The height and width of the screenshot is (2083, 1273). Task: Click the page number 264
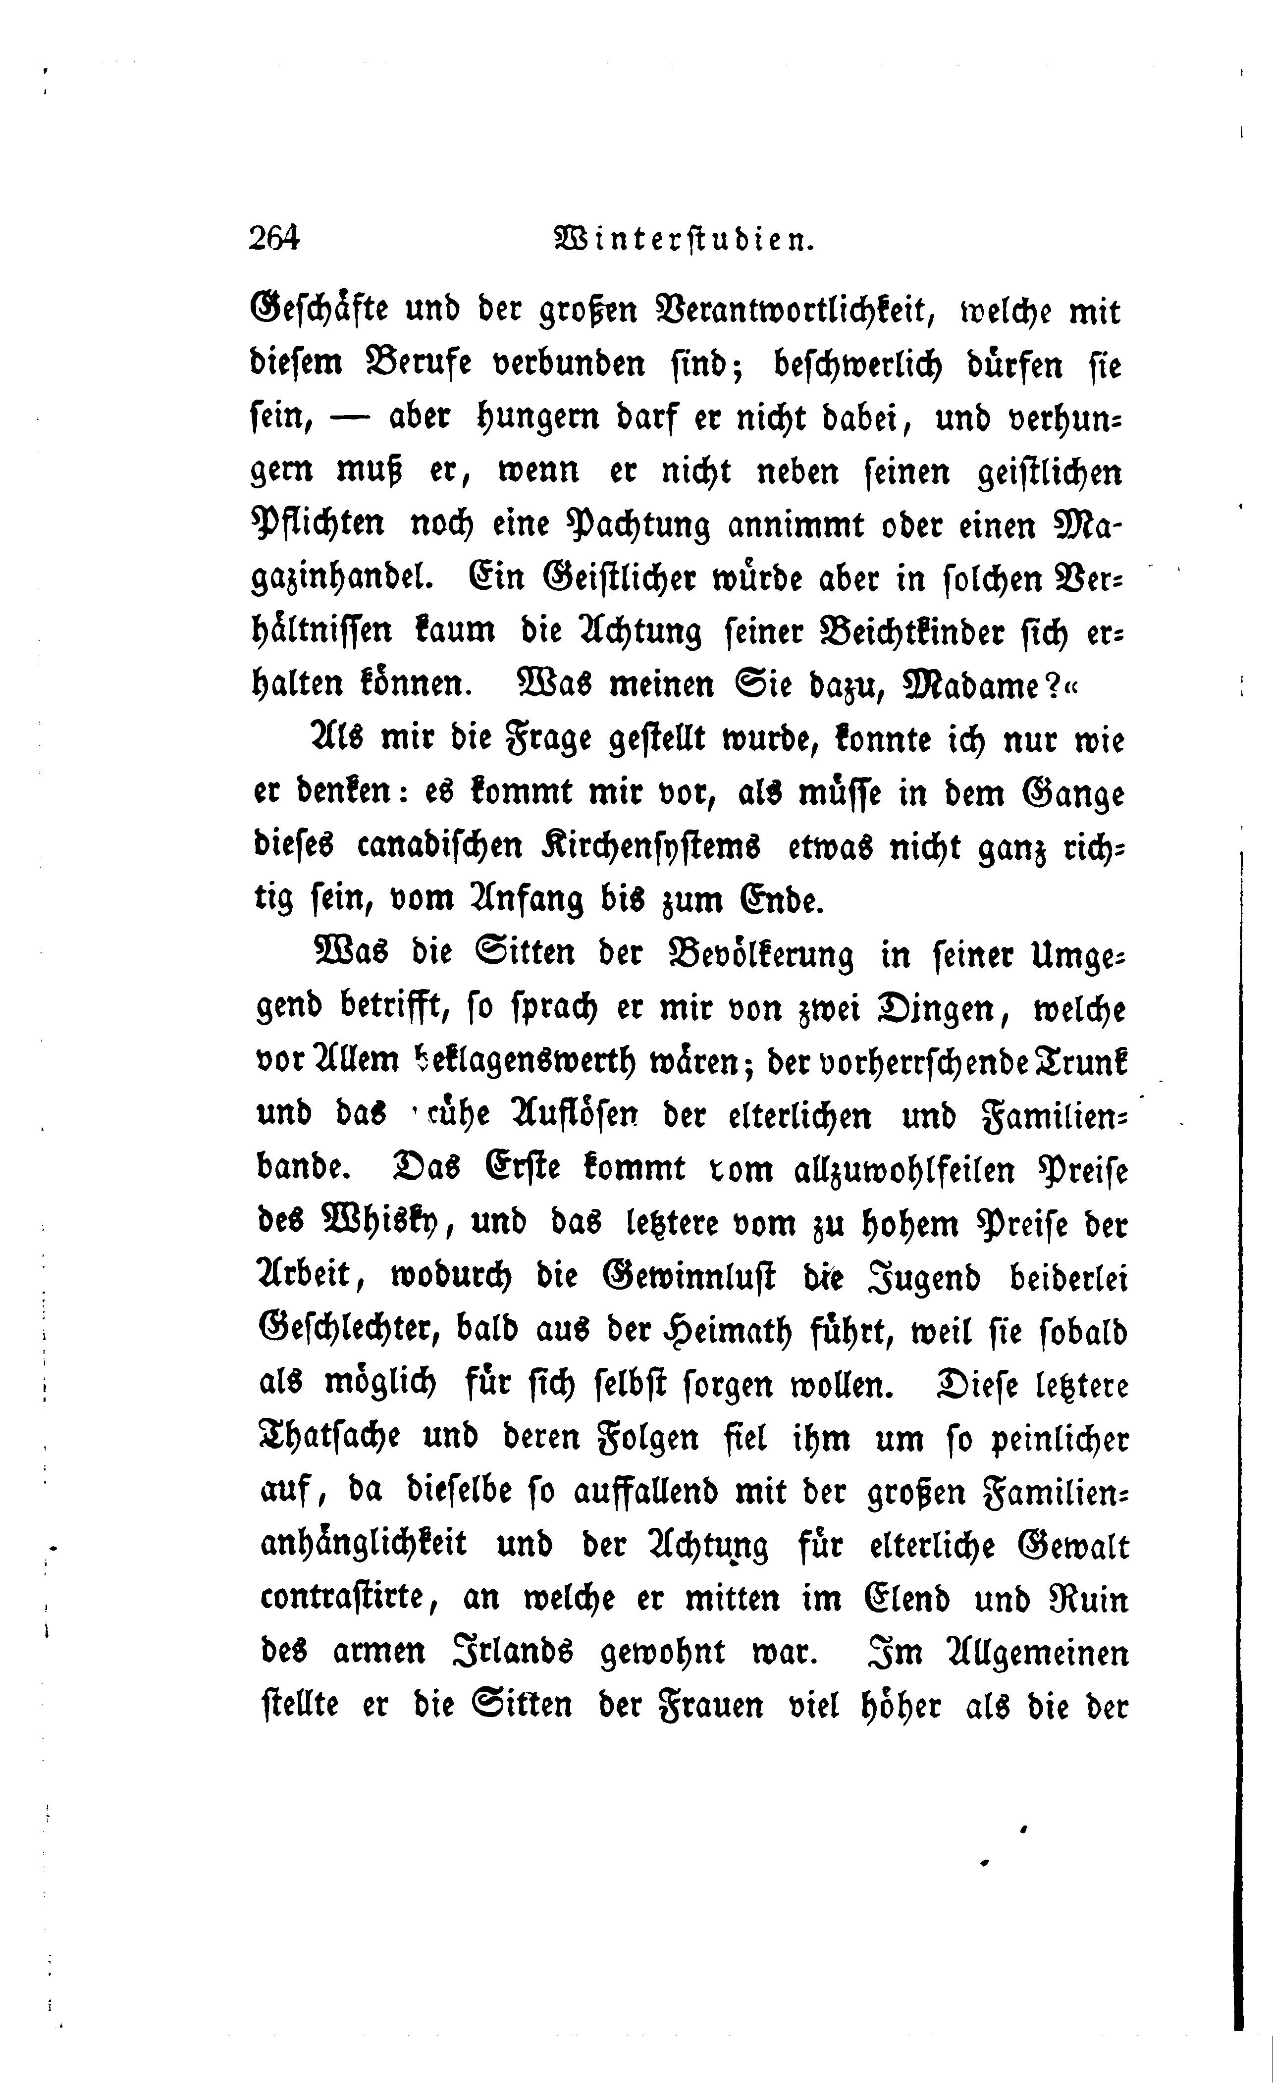coord(275,239)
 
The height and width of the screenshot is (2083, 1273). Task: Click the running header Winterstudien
coord(683,240)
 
